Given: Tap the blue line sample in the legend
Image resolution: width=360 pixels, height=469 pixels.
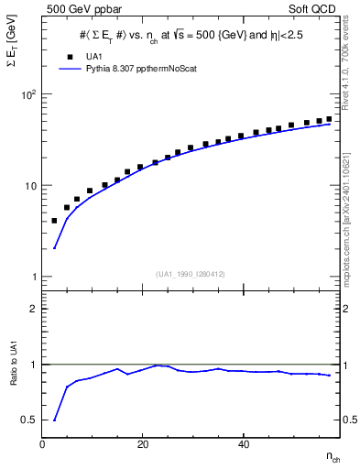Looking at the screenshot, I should (x=70, y=68).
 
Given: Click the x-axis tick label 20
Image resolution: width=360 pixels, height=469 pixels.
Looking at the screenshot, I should (x=142, y=444).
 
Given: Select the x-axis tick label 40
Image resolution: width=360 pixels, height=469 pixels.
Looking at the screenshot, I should (x=242, y=444).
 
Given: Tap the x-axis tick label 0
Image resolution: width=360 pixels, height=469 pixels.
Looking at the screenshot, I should (x=43, y=444).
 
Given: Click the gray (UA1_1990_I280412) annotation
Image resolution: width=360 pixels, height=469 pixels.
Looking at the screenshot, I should (x=190, y=273).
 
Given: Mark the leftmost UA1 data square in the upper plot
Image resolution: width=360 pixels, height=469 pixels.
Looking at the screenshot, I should (x=54, y=221).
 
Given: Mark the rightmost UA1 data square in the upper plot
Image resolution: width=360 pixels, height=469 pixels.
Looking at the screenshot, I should (x=330, y=119).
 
